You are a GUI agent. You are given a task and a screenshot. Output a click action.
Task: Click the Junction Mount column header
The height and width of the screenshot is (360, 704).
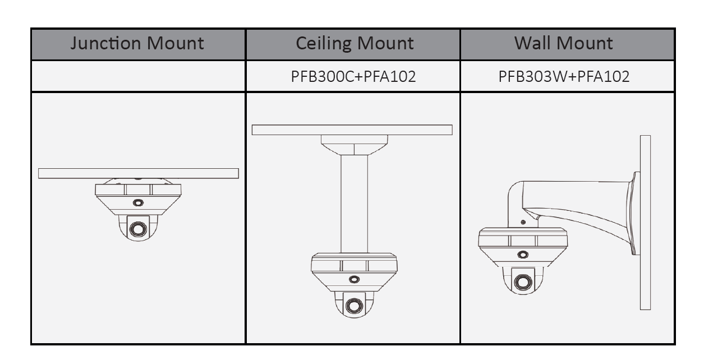[137, 44]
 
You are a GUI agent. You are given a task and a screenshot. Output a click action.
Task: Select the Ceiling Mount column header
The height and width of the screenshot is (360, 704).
[355, 44]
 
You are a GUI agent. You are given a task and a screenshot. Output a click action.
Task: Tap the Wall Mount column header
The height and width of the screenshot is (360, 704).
[564, 44]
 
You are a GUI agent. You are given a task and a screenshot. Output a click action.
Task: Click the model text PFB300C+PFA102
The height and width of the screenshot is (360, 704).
[353, 76]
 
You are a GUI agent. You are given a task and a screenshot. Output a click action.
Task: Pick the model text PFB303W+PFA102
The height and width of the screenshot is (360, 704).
[564, 76]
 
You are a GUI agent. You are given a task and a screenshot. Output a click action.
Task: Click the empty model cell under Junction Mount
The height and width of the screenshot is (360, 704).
[138, 76]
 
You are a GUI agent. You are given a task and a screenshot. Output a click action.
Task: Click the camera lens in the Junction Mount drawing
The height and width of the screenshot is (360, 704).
[137, 229]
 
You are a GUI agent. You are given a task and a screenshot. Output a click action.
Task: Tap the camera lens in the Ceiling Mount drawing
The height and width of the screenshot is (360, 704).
[354, 306]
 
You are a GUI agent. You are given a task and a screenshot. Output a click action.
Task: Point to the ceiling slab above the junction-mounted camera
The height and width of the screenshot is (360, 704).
[138, 173]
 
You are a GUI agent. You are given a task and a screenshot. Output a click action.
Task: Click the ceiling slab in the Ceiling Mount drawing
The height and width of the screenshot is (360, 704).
[352, 130]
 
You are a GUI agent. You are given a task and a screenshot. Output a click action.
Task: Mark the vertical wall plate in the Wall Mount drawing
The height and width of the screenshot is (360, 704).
[645, 222]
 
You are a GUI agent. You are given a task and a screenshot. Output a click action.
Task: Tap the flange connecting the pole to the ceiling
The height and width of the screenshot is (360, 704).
[354, 145]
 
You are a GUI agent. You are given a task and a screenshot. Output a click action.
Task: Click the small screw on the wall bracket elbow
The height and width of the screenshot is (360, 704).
[523, 222]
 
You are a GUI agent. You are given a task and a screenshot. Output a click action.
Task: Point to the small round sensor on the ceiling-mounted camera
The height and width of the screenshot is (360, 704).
[354, 279]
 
